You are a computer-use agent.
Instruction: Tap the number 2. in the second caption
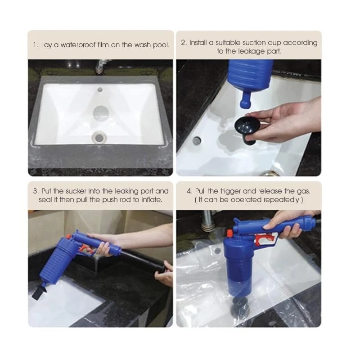coord(184,43)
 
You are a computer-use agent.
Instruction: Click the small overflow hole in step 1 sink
coord(100,90)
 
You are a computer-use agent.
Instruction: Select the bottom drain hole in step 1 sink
coord(99,137)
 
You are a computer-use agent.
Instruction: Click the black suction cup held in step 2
coord(247,129)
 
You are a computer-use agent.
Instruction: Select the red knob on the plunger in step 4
coord(229,233)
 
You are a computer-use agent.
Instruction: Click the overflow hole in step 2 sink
coord(197,140)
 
